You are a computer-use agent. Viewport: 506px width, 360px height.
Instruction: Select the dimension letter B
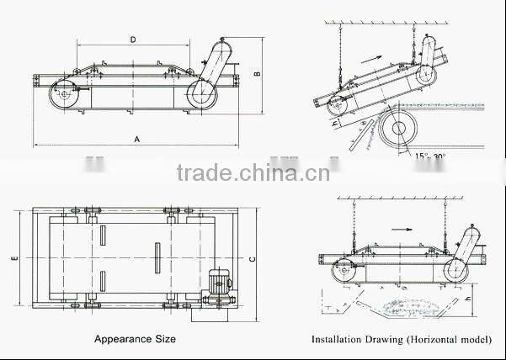tap(258, 74)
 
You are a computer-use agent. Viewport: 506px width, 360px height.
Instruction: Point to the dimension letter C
tap(253, 259)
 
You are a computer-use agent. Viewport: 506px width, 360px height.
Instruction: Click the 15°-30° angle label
tap(429, 155)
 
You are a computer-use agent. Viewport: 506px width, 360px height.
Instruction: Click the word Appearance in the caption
tap(113, 339)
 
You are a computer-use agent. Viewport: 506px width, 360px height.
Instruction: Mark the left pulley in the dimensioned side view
tap(63, 96)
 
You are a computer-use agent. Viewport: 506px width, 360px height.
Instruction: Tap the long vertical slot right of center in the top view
tap(157, 257)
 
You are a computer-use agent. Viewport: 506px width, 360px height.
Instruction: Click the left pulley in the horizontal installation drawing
tap(341, 271)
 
